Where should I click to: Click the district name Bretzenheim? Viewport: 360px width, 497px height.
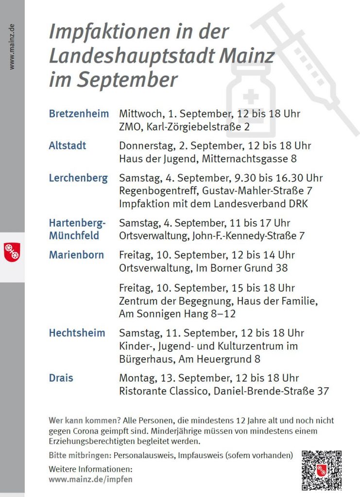[x=79, y=114]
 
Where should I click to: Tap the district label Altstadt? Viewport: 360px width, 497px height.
[x=68, y=146]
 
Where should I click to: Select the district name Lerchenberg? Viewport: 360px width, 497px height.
[x=78, y=178]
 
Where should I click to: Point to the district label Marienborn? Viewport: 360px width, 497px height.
[x=76, y=255]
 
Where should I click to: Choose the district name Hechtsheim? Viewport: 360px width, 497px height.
[x=77, y=333]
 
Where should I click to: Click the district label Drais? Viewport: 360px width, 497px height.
[x=61, y=378]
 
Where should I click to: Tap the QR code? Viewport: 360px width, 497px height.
[x=321, y=470]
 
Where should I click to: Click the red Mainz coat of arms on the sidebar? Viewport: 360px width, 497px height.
[x=12, y=251]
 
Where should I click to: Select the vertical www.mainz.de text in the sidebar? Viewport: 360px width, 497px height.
[x=12, y=47]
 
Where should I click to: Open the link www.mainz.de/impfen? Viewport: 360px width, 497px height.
[x=90, y=479]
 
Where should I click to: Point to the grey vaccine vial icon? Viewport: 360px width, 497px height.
[x=251, y=99]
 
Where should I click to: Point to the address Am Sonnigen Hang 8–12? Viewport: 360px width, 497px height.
[x=177, y=314]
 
